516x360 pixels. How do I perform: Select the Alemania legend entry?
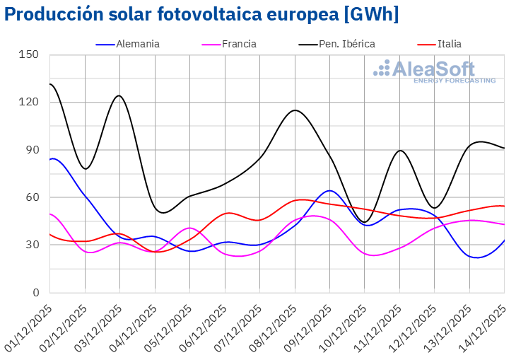(139, 44)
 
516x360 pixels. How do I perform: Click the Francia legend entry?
(239, 44)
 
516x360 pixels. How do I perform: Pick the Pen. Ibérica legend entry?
(346, 44)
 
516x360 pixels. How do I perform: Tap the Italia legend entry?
(449, 44)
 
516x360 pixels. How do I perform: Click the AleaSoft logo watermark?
(435, 71)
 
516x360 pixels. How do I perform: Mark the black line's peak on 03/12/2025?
(119, 95)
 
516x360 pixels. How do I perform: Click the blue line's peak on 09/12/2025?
(329, 190)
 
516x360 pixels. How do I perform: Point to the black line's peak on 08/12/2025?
(295, 110)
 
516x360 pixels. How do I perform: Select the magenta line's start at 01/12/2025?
(50, 214)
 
